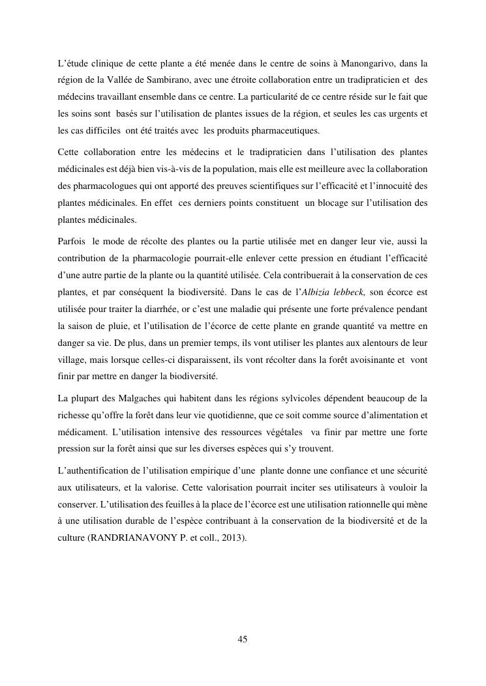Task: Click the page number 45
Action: click(x=243, y=640)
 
